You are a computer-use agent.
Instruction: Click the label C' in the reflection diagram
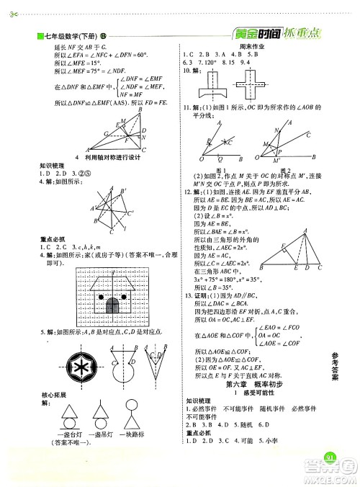click(x=130, y=213)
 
